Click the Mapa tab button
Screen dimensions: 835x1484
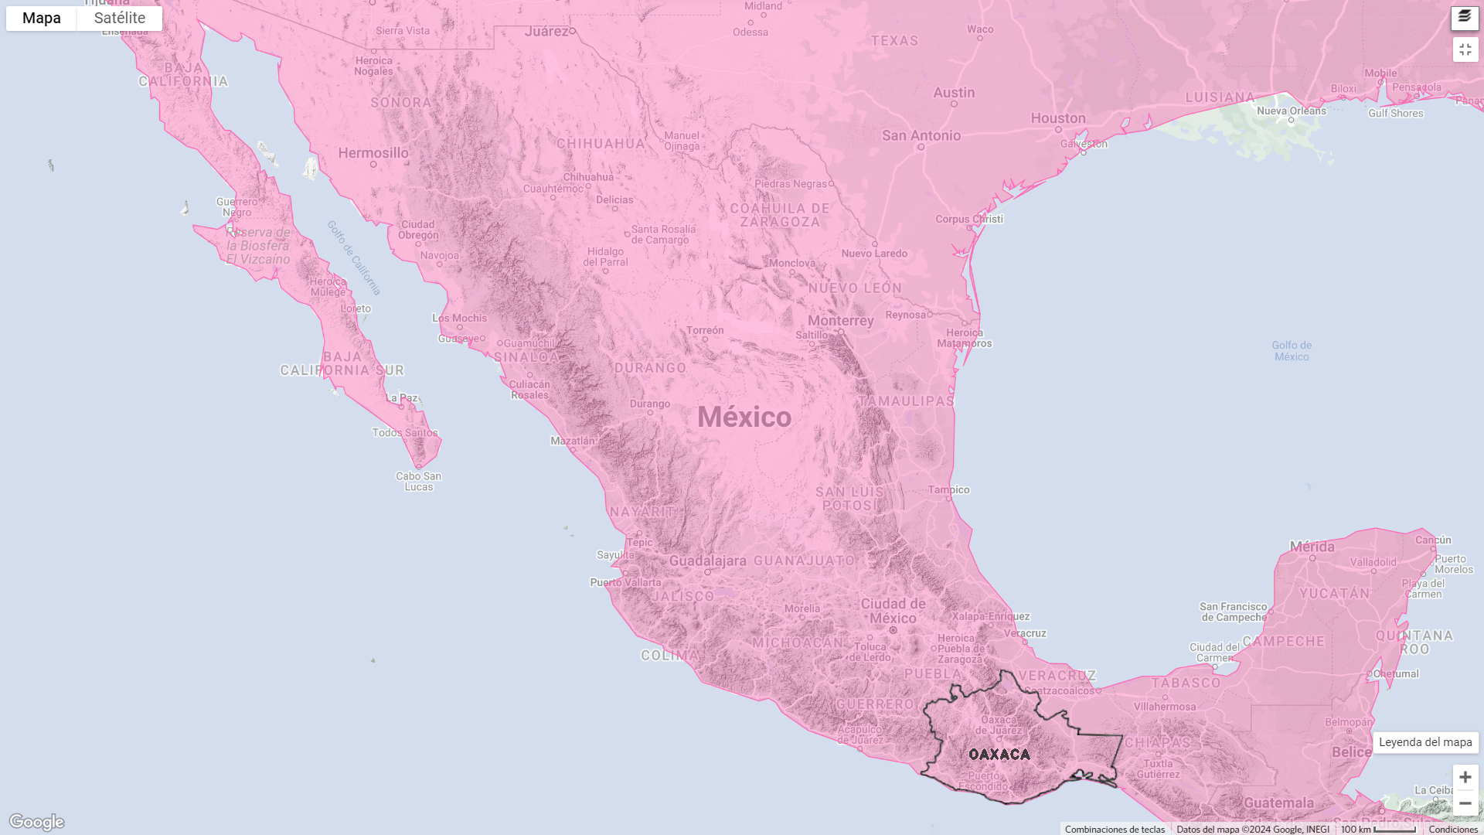click(x=42, y=19)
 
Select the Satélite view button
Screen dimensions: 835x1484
click(x=120, y=19)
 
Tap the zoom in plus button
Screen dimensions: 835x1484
click(x=1465, y=777)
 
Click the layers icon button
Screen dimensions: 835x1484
click(x=1465, y=17)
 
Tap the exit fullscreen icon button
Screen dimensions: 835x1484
click(x=1465, y=49)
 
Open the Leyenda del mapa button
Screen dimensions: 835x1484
click(x=1425, y=742)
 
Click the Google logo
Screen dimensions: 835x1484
click(x=36, y=822)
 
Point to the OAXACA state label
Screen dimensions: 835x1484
click(x=999, y=755)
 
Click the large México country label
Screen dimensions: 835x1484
click(x=744, y=417)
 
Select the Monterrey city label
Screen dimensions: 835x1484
click(x=840, y=321)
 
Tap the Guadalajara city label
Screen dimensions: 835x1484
click(x=707, y=561)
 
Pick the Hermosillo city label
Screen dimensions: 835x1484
click(x=373, y=153)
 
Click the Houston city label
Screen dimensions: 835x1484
click(x=1058, y=118)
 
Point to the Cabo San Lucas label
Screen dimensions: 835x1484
click(x=419, y=482)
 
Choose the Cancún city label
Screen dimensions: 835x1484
click(x=1433, y=540)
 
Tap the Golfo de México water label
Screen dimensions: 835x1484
click(x=1292, y=351)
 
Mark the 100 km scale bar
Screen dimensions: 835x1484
click(x=1378, y=829)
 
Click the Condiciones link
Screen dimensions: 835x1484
click(x=1453, y=830)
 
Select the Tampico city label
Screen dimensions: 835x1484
click(x=949, y=490)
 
